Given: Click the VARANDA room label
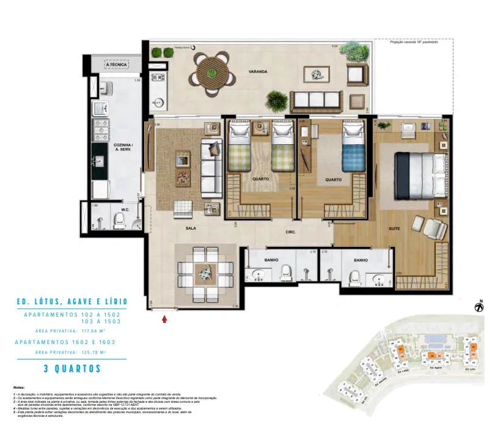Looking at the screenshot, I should (258, 72).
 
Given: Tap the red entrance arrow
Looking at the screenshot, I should (164, 317).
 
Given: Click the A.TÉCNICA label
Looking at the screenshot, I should (115, 64).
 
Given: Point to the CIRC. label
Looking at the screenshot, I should (290, 232).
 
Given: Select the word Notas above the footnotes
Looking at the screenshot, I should (20, 388).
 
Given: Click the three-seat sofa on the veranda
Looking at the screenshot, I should (315, 100).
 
